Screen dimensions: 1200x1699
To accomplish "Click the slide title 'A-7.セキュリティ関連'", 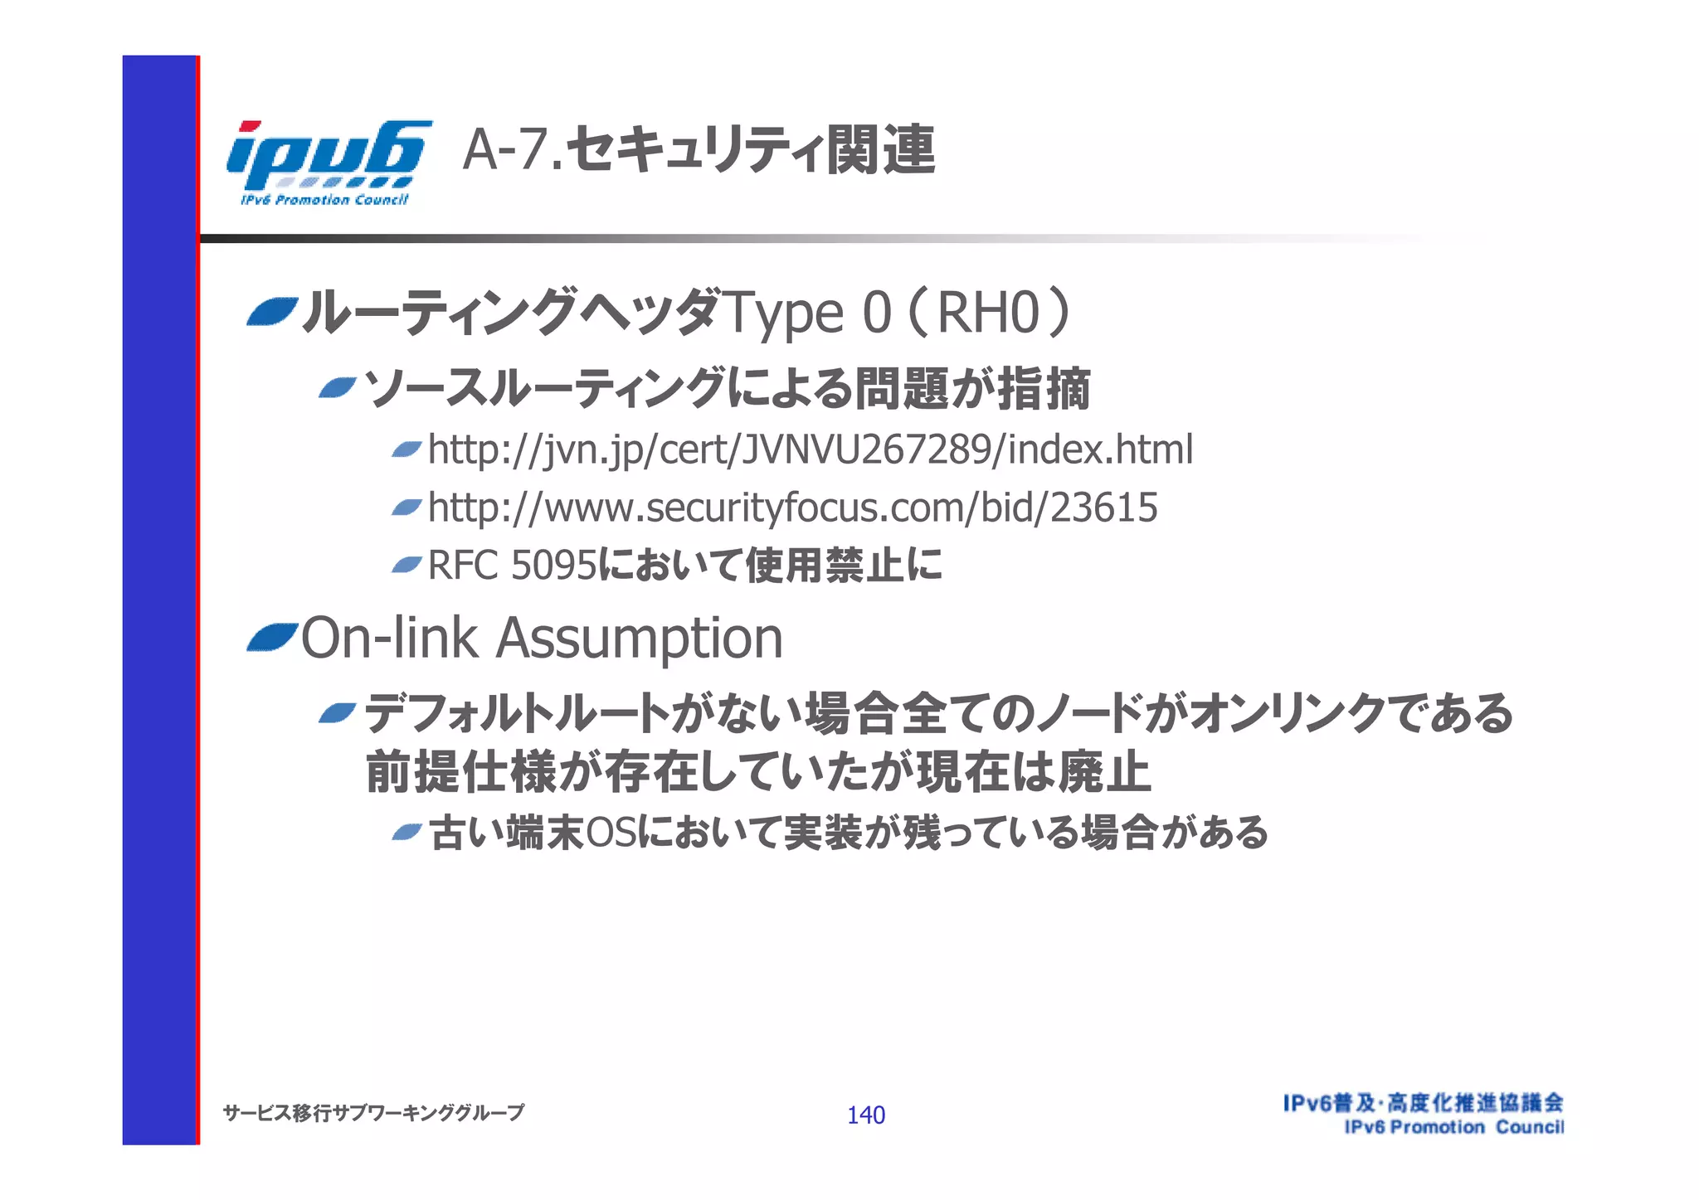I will click(699, 150).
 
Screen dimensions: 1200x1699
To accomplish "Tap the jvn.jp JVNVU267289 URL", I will click(811, 449).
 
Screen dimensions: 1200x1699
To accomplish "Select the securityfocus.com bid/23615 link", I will click(792, 508).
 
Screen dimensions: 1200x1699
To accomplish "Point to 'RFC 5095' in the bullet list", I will click(512, 566).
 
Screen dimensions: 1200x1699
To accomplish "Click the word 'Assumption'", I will click(639, 639).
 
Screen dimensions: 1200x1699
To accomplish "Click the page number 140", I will click(865, 1115).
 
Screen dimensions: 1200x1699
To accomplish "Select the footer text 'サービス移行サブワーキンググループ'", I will click(373, 1113).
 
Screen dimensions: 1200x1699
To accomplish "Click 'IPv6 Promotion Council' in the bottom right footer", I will click(1453, 1127).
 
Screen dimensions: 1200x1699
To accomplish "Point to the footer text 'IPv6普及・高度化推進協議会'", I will click(1423, 1103).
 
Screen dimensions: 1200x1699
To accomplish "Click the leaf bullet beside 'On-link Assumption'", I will click(271, 638).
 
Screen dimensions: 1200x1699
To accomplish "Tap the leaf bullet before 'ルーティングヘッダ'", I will click(271, 312).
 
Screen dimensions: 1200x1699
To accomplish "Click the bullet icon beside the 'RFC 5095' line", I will click(406, 566).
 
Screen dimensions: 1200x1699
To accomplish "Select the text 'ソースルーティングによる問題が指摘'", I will click(727, 388).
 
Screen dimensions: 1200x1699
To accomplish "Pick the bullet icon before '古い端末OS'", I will click(406, 832).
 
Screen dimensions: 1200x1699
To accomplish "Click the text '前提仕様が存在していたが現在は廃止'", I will click(757, 772).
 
